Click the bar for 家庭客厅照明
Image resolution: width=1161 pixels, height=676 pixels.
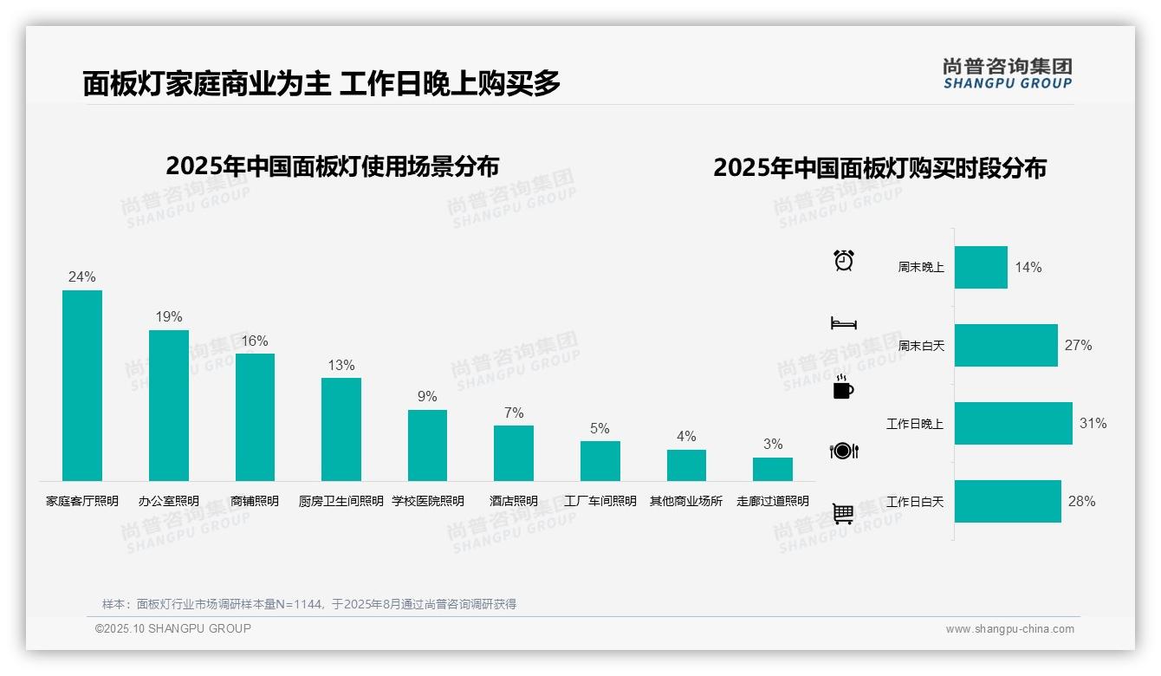(82, 386)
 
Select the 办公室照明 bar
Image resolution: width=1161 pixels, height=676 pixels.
(168, 406)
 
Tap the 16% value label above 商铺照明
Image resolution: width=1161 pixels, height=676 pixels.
(255, 341)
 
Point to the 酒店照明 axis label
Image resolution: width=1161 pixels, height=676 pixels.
(513, 501)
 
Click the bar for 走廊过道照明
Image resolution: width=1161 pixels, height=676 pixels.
(772, 469)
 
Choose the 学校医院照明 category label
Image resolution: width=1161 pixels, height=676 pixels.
(427, 501)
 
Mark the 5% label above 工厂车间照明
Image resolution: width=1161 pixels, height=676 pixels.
(600, 428)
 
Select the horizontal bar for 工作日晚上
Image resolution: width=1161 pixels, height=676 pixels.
(1013, 423)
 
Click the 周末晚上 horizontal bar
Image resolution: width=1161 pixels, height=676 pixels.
(981, 267)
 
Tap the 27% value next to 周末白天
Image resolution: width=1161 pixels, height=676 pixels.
(1078, 345)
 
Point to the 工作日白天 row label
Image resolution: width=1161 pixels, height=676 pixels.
(915, 501)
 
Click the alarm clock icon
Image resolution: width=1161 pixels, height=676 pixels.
(844, 260)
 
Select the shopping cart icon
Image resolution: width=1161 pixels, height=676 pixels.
(843, 514)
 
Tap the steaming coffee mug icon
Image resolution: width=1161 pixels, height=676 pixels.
(843, 387)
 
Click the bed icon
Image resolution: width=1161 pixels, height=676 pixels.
(843, 323)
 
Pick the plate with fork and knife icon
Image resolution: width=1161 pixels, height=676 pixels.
(843, 451)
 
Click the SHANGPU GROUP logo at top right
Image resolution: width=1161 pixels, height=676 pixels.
(1007, 74)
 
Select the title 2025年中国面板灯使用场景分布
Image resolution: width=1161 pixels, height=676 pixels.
(332, 166)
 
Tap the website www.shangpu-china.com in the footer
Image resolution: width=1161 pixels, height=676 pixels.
(1009, 629)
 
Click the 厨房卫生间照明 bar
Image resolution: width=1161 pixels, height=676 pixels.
(341, 429)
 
